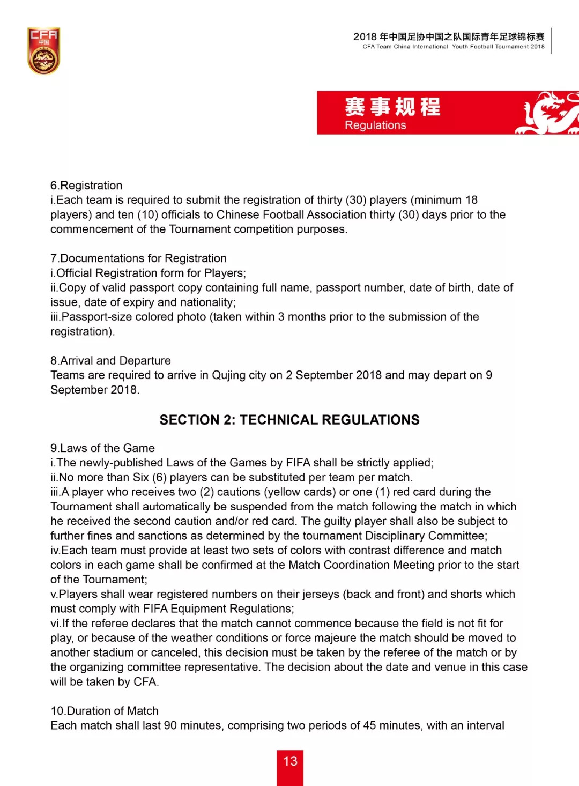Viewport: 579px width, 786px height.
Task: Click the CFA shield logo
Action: [43, 51]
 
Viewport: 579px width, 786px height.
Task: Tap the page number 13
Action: [290, 761]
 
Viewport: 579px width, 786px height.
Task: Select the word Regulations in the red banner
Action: [375, 125]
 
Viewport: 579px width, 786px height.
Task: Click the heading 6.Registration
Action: [86, 186]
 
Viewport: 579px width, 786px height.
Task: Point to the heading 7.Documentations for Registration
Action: [138, 258]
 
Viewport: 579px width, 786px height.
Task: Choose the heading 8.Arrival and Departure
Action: [110, 361]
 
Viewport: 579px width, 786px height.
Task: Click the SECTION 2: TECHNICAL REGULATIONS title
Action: [289, 420]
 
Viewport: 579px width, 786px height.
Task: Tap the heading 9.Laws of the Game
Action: [102, 448]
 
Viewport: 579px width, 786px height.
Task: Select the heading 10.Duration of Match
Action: [105, 711]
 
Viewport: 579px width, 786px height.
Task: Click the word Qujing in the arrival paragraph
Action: [229, 375]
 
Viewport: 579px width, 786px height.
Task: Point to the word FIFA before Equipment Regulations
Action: [156, 609]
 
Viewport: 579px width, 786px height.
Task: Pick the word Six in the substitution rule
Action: [141, 478]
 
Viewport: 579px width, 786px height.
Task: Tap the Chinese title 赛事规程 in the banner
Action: [392, 107]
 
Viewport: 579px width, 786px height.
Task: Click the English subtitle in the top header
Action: [453, 47]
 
